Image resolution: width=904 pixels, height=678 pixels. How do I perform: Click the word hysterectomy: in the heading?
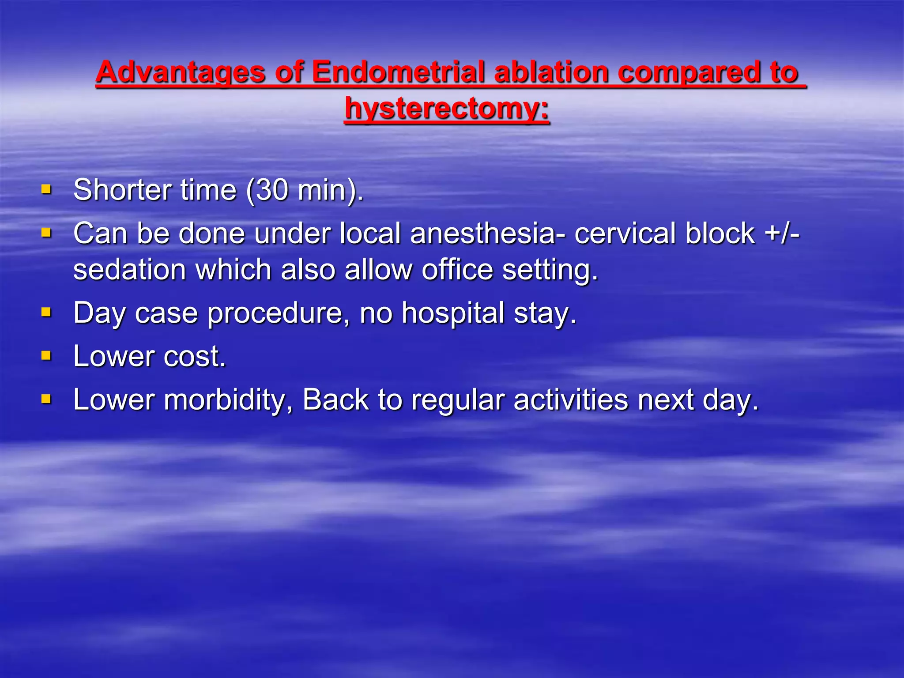click(447, 109)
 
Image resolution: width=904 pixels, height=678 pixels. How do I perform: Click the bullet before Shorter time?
click(46, 190)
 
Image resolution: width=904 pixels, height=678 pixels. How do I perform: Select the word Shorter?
click(122, 190)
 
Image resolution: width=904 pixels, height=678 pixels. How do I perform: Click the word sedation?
click(128, 270)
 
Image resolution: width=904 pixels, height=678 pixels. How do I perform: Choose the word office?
click(457, 270)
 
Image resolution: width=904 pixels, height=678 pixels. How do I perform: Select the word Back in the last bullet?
click(335, 400)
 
